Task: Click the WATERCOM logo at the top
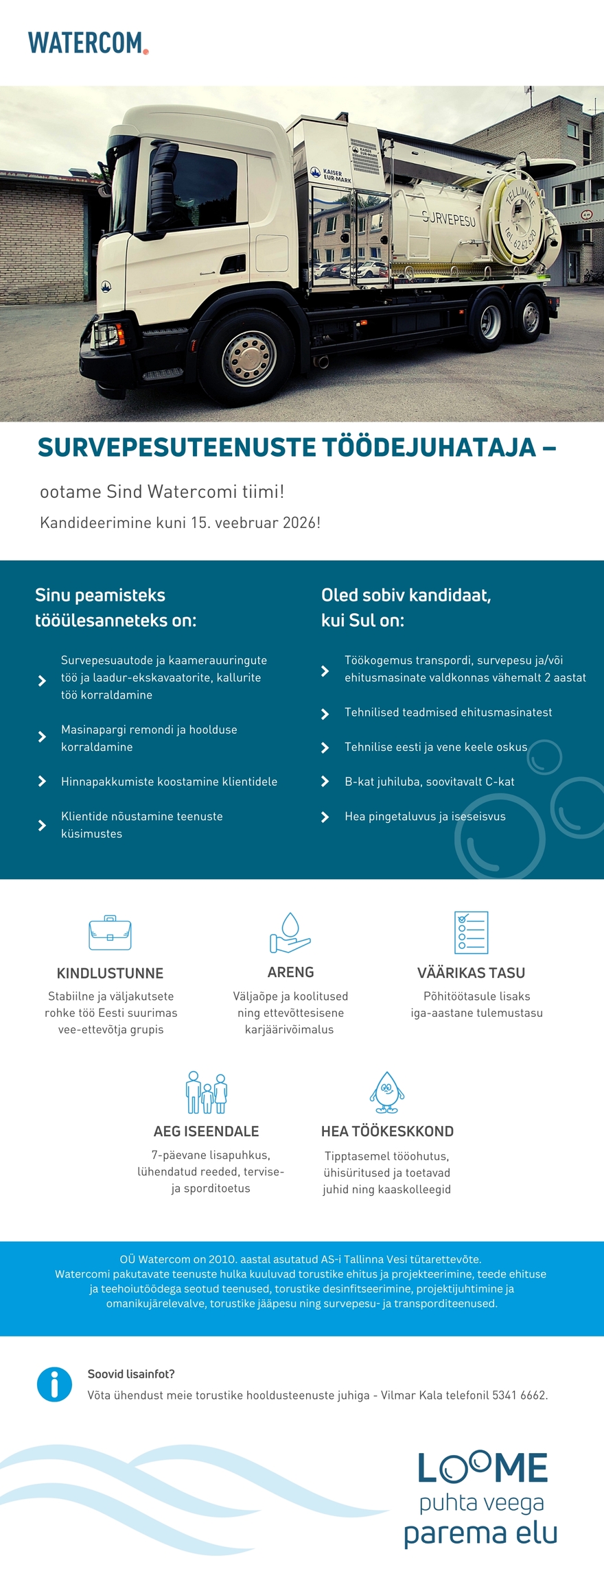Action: [x=87, y=43]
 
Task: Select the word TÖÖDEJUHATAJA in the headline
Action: [x=429, y=448]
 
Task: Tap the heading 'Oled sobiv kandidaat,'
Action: [x=406, y=595]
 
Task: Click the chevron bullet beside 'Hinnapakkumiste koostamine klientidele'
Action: [x=42, y=781]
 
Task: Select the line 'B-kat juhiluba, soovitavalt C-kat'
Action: [x=429, y=781]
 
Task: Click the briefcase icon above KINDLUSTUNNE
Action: [x=110, y=933]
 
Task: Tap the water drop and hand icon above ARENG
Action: [x=290, y=933]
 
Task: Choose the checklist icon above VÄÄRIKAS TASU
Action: [x=471, y=933]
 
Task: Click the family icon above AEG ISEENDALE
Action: [x=207, y=1092]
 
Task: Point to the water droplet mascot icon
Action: [x=387, y=1092]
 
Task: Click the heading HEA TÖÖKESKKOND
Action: [x=387, y=1131]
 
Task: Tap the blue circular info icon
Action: [x=54, y=1384]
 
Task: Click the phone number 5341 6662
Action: [x=519, y=1395]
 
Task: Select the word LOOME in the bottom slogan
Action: [x=483, y=1468]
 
